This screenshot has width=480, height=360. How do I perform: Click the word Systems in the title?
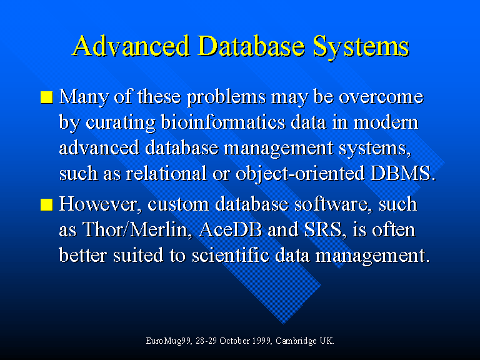pos(361,46)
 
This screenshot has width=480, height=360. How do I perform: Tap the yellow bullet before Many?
pos(46,97)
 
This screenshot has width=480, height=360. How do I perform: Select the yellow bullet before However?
pos(46,204)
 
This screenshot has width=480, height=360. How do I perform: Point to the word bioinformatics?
pos(223,122)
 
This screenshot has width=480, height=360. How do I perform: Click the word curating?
pos(120,123)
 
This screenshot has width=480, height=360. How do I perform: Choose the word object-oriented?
pos(300,174)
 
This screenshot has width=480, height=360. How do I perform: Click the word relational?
pos(166,173)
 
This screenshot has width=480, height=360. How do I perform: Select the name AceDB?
pos(230,229)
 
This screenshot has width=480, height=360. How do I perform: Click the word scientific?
pos(231,255)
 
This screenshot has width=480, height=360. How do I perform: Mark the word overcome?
pos(381,97)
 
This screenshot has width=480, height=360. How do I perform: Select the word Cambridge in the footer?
pos(296,341)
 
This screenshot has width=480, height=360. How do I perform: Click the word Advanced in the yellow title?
pos(131,46)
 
